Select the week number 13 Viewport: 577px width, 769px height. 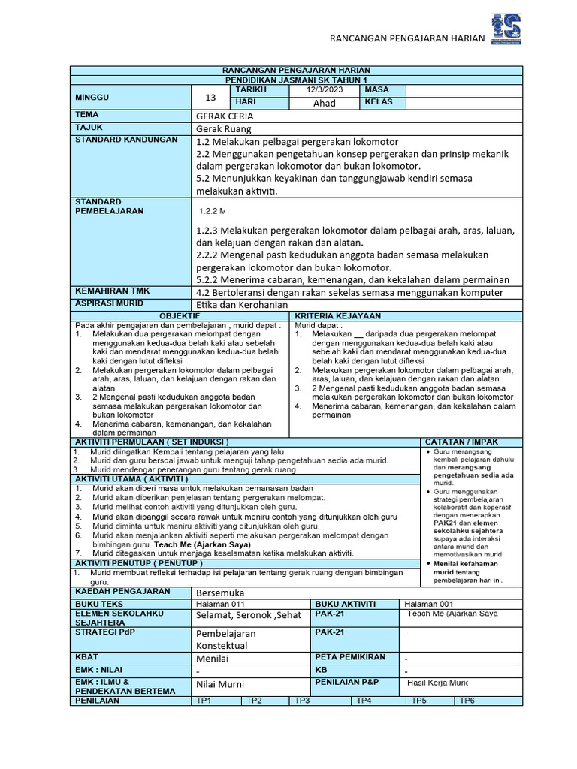pos(210,97)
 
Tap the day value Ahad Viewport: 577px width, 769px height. pos(324,103)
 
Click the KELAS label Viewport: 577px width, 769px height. pos(379,102)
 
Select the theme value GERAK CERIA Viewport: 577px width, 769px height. pos(225,116)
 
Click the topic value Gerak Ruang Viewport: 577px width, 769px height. pos(224,128)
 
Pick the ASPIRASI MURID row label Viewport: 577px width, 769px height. pos(107,303)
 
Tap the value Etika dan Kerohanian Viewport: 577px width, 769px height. pos(241,304)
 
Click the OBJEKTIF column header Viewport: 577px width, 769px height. pos(179,316)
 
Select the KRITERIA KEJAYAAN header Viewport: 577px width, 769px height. pos(338,316)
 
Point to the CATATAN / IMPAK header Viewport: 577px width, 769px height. pos(461,442)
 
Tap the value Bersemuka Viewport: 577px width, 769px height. pos(220,593)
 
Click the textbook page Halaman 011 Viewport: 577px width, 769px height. pos(220,604)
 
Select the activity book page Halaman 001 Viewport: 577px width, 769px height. pos(429,604)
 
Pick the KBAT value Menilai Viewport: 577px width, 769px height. pos(212,659)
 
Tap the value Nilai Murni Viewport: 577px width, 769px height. pos(220,684)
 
